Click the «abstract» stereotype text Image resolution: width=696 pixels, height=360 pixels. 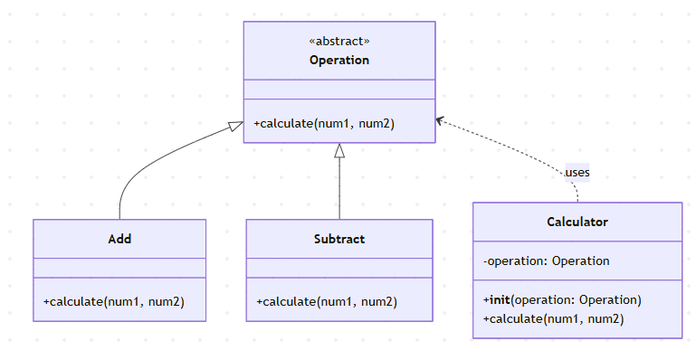(339, 42)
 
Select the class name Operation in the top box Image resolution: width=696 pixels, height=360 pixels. (339, 61)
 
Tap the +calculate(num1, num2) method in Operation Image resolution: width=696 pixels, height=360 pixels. (324, 123)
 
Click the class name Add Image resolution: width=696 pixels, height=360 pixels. (119, 239)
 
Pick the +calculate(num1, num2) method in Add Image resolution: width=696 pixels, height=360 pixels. (113, 302)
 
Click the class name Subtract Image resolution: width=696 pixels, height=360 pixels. (339, 239)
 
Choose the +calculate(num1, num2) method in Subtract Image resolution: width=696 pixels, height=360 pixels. (327, 302)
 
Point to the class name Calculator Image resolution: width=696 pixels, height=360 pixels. (577, 222)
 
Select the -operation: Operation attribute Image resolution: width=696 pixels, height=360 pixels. (546, 261)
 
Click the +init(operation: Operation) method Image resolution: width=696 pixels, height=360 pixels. (562, 299)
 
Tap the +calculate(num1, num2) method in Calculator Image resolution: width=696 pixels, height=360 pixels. (553, 318)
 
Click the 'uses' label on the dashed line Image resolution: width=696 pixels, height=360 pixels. (577, 172)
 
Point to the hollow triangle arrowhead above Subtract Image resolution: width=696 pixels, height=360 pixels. (339, 150)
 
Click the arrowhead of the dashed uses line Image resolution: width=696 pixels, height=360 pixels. (440, 120)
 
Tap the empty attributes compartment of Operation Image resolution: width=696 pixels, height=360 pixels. (339, 89)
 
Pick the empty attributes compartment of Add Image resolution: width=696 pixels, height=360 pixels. (119, 268)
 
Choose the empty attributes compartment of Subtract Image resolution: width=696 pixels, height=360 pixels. (339, 268)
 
